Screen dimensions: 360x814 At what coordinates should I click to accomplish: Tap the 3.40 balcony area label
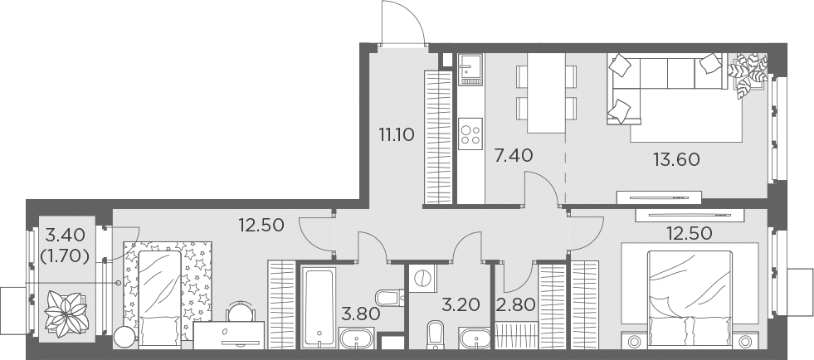(64, 234)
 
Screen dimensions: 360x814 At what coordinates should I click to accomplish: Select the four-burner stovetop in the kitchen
(470, 134)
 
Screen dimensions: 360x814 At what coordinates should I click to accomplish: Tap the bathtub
(319, 307)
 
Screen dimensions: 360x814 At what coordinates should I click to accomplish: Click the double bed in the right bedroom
(690, 294)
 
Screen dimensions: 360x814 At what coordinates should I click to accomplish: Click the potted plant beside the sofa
(748, 72)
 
